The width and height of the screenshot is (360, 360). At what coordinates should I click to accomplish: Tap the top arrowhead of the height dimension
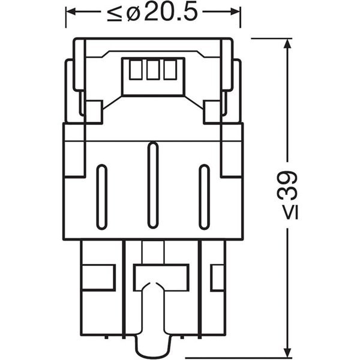290,44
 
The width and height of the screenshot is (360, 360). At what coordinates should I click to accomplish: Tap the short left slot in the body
102,196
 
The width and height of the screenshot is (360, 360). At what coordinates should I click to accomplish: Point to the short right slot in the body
204,196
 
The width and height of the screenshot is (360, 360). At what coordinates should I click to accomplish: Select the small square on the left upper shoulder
93,110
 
